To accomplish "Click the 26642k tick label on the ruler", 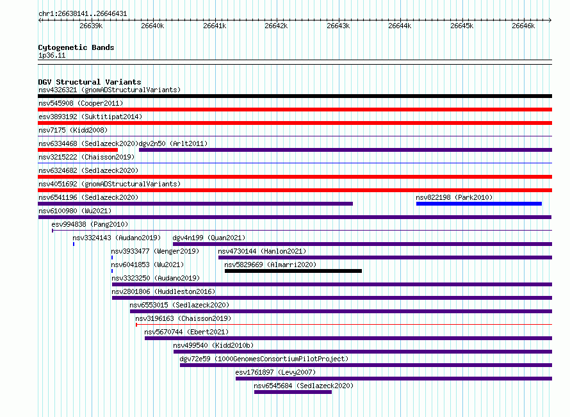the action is (x=276, y=26).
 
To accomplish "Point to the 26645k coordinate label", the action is (x=462, y=26).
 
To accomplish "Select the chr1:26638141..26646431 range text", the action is (x=83, y=14).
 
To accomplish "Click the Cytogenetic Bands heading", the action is (x=76, y=47).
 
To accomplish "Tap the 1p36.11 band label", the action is (x=52, y=55).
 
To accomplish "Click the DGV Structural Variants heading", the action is (x=90, y=82).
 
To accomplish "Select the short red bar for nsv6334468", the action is (x=77, y=150).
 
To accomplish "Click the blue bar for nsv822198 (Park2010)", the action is (x=479, y=204).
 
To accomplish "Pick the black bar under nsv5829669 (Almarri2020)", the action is (x=293, y=271).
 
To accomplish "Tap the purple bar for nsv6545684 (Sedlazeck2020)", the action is (x=293, y=392).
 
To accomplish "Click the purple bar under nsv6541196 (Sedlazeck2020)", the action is (x=195, y=204).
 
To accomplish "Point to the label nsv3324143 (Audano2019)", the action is (x=117, y=238).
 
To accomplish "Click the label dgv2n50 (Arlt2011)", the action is (x=173, y=143).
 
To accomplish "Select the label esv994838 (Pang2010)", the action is (x=90, y=224).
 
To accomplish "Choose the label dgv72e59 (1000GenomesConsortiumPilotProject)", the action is (x=264, y=359).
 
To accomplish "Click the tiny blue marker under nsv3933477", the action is (x=112, y=258).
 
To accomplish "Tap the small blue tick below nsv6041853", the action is (x=112, y=271).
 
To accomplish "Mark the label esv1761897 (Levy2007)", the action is (x=275, y=372).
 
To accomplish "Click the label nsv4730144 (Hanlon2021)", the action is (x=262, y=251).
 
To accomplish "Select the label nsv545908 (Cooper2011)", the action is (x=81, y=103).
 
